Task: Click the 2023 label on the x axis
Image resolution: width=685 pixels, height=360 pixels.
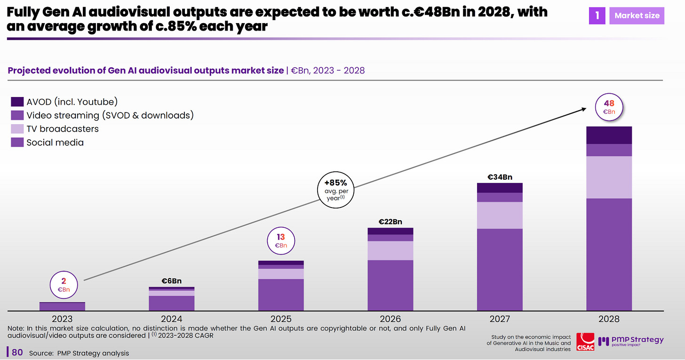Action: coord(62,319)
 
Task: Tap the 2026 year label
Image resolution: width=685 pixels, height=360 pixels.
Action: coord(390,319)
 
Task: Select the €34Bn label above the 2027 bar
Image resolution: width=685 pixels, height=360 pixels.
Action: coord(500,177)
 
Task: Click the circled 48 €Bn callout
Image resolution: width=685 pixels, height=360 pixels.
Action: coord(609,107)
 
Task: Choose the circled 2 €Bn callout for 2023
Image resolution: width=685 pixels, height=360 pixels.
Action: coord(64,285)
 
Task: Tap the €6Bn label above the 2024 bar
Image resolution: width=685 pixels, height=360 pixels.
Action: coord(171,281)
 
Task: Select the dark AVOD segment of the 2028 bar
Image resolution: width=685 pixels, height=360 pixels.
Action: coord(609,135)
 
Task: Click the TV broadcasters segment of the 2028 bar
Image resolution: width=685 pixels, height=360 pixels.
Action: coord(609,177)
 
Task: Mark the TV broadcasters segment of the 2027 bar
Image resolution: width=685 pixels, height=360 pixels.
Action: coord(500,215)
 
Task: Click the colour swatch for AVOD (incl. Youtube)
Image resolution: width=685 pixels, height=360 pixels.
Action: coord(17,102)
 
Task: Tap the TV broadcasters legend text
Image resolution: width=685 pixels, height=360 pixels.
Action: coord(63,129)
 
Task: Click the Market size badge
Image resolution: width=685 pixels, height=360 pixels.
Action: coord(637,16)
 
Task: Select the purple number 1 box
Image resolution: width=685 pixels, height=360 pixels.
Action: coord(597,16)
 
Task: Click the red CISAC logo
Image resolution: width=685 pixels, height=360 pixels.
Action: coord(585,342)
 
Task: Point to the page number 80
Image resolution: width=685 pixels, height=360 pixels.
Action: coord(17,352)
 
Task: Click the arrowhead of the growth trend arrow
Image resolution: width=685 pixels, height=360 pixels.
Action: coord(584,109)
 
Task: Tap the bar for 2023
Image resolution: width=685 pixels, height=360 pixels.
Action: coord(62,306)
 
